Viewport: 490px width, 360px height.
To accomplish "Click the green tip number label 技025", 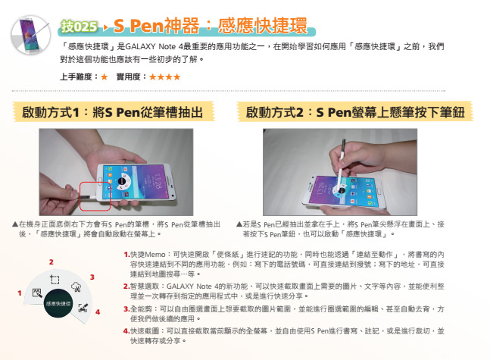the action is pos(79,27).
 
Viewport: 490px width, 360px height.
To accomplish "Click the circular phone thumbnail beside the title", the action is pos(31,35).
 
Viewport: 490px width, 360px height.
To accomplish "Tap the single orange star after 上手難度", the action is pos(104,77).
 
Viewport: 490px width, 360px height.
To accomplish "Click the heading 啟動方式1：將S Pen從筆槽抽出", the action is pos(113,112).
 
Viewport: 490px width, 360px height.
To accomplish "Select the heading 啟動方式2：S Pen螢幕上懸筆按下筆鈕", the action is pos(355,112).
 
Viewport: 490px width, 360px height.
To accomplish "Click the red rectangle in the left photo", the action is pos(95,196).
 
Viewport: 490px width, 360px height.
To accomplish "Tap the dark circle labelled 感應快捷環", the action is pos(58,303).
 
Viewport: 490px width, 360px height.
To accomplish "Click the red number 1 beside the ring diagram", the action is pos(20,293).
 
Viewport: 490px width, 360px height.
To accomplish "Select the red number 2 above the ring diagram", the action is pos(51,262).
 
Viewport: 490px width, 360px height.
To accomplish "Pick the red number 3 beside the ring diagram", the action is pos(92,277).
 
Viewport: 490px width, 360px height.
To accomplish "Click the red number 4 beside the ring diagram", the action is pos(98,311).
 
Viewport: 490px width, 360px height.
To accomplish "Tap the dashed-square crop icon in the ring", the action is pos(55,279).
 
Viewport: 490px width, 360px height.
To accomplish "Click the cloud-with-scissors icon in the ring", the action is pos(76,286).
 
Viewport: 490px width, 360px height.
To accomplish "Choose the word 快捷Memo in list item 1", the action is pos(148,255).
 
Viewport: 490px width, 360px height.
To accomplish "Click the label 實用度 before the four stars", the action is pos(128,77).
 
